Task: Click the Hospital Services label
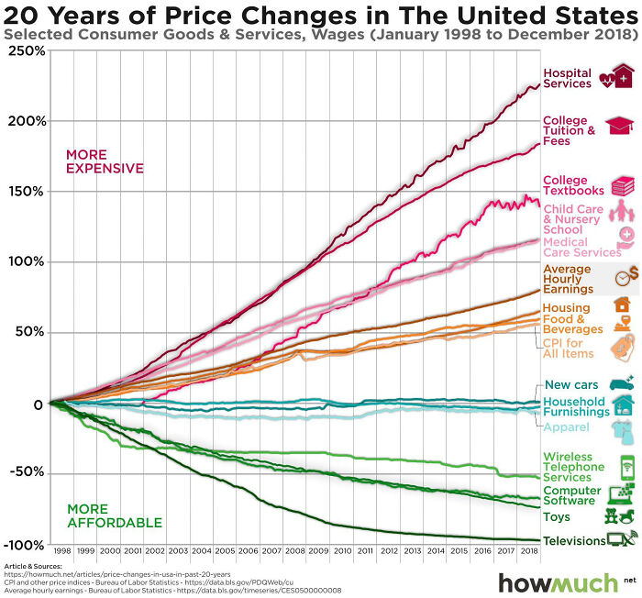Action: pos(567,79)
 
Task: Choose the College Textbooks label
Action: pos(573,185)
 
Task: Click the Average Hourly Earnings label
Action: pos(569,280)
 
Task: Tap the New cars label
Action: pos(571,385)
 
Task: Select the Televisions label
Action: pos(574,541)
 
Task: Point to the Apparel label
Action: pos(565,427)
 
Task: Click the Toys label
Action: pos(556,517)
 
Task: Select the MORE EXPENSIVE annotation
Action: pos(104,161)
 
